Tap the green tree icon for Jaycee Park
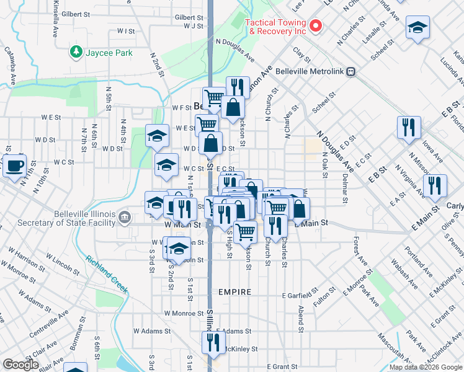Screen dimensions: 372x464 point(76,52)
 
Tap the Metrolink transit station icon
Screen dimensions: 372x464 point(351,71)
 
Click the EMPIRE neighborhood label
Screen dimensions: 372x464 point(234,292)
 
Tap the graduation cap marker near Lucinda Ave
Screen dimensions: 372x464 point(418,27)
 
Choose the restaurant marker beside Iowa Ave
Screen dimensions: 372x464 point(409,128)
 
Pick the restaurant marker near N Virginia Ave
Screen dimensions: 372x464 point(435,185)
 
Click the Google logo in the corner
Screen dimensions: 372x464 point(20,365)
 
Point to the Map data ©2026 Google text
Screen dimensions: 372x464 point(426,367)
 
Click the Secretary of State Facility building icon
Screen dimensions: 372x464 point(125,216)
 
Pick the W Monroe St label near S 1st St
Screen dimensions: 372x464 point(183,314)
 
